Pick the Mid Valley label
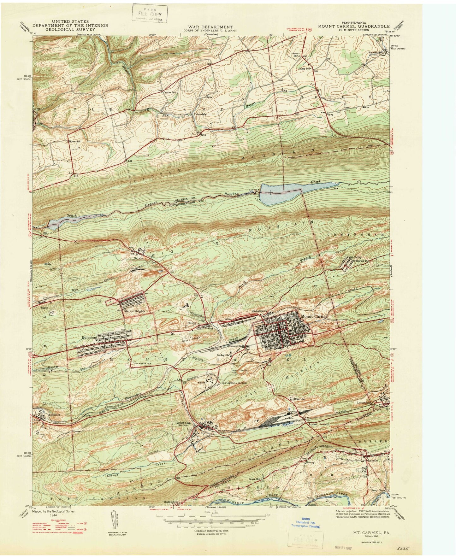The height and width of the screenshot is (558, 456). (350, 258)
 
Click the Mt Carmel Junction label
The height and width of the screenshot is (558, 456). (234, 382)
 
